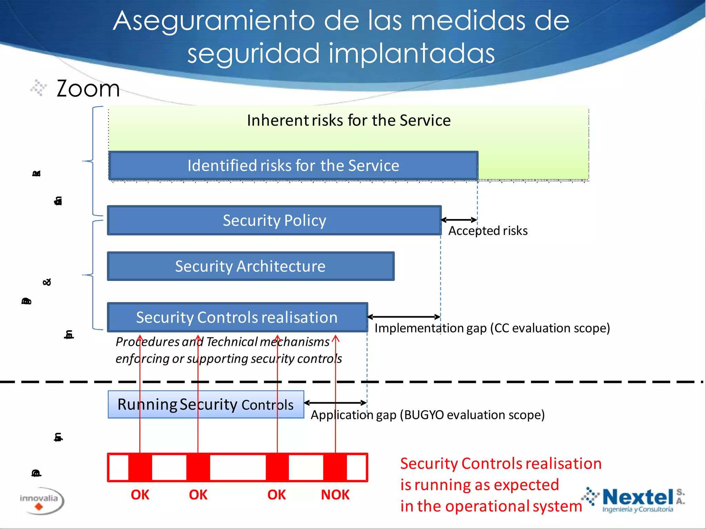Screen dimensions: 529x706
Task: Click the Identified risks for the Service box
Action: pos(293,166)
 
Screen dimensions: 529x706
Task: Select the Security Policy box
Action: pos(274,220)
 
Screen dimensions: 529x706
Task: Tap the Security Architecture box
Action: pos(251,266)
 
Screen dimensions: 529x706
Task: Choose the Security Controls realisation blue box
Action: pos(237,317)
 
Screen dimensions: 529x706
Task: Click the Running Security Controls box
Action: pos(206,404)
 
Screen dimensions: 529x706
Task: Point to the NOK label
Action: pos(335,495)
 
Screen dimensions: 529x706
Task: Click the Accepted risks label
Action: pos(488,231)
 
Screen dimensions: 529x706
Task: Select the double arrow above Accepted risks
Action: pos(459,220)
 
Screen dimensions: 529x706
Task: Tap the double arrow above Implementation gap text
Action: pos(404,317)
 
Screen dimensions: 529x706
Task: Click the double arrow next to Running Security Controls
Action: pos(335,403)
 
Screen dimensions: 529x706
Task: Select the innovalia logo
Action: pos(40,501)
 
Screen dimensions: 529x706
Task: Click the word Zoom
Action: pos(88,89)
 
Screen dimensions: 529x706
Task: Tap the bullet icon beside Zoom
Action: pos(38,87)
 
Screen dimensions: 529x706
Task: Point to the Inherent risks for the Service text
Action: pos(349,121)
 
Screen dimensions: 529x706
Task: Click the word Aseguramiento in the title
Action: pos(214,21)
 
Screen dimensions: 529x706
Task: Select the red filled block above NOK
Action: pos(335,467)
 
